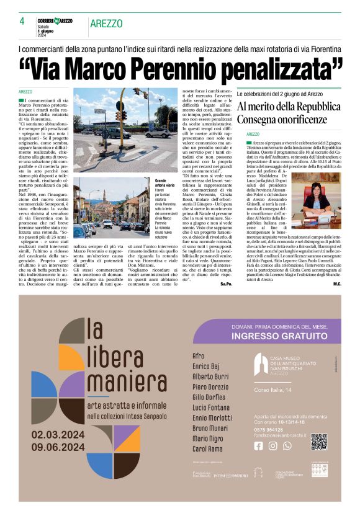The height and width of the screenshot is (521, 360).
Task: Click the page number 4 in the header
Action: point(22,21)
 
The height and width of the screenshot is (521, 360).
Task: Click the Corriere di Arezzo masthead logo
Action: point(55,21)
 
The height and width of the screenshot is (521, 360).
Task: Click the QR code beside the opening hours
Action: point(318,442)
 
